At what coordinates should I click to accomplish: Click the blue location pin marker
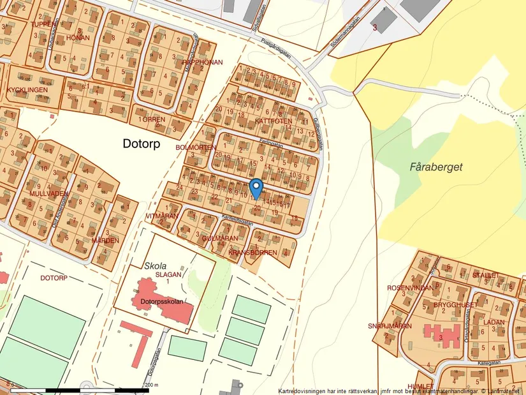pos(256,188)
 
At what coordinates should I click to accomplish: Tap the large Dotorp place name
pos(146,145)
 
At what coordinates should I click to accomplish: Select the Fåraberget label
pos(436,167)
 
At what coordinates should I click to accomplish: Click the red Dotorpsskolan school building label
pos(162,301)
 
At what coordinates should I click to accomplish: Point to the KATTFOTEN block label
pos(274,121)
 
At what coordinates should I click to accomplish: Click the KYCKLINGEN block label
pos(27,91)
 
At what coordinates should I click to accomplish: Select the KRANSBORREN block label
pos(252,253)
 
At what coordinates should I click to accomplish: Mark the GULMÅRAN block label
pos(219,238)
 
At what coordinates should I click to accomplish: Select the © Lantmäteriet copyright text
pos(500,391)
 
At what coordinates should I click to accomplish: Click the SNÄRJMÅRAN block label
pos(390,326)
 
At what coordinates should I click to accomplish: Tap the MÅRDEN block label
pos(105,241)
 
